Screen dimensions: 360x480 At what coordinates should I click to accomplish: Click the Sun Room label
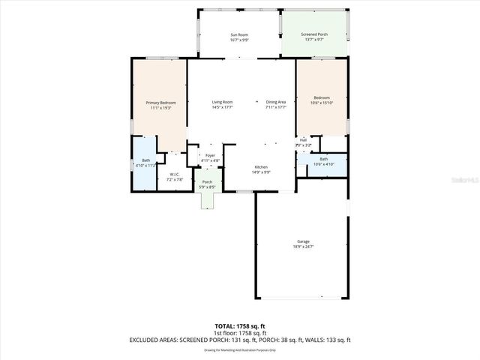click(x=239, y=35)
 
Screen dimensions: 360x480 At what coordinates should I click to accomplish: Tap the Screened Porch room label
click(x=314, y=35)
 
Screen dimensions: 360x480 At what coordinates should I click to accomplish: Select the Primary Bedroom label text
click(x=160, y=103)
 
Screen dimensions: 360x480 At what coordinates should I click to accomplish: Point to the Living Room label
click(x=222, y=102)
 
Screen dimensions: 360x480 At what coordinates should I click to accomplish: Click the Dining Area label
click(x=276, y=102)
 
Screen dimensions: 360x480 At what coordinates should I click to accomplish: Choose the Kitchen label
click(x=261, y=166)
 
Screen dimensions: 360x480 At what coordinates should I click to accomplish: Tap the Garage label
click(x=303, y=241)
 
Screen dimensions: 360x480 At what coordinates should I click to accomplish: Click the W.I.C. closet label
click(x=174, y=175)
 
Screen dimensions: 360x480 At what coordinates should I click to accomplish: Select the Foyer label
click(x=210, y=155)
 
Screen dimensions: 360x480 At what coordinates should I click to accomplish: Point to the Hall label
click(x=303, y=139)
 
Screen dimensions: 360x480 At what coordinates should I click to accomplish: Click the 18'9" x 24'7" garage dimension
click(x=303, y=246)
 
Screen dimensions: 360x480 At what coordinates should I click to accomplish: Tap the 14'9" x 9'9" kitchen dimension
click(x=261, y=172)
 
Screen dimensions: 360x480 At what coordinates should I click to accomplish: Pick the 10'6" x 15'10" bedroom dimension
click(x=322, y=103)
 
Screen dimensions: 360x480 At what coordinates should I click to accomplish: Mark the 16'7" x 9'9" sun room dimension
click(x=239, y=40)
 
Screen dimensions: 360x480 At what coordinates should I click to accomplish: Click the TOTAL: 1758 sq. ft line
click(x=240, y=326)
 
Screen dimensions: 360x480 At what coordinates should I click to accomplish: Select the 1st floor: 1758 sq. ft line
click(x=240, y=333)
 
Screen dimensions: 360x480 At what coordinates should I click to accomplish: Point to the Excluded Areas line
click(x=240, y=340)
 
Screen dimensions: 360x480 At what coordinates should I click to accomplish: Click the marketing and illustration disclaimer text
click(x=240, y=349)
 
